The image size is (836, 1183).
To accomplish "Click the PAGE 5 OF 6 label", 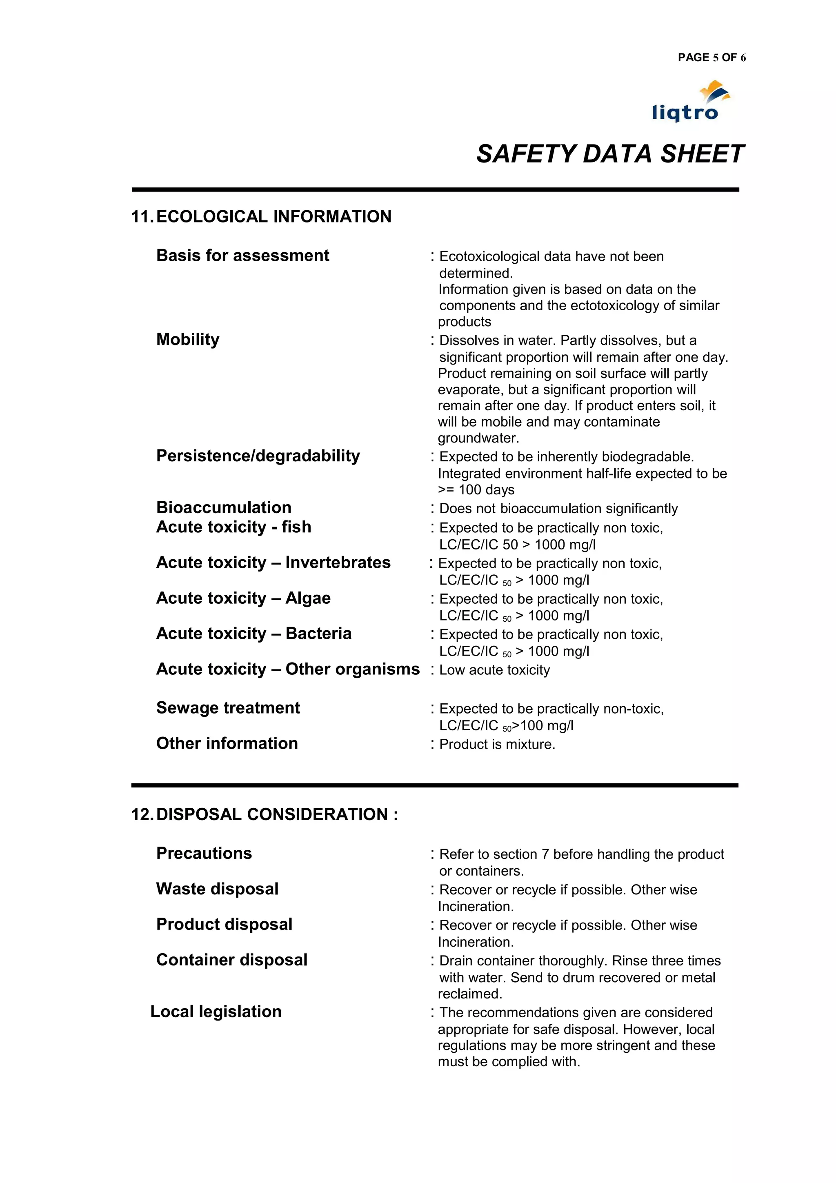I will [711, 58].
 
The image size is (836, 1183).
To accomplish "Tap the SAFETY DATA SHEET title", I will [610, 154].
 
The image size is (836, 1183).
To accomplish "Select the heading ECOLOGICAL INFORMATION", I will [273, 216].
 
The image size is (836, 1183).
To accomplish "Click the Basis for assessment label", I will [242, 256].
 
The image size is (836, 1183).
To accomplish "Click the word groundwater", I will [478, 438].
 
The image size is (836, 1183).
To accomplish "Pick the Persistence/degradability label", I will [258, 456].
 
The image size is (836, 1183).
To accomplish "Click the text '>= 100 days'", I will [476, 490].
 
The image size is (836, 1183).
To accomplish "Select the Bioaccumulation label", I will [224, 507].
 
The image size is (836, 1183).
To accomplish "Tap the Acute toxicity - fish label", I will [233, 527].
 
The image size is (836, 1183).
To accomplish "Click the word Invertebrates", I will [338, 563].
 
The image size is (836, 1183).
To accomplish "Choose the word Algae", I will [308, 598].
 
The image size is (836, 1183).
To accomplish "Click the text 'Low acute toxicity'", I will [494, 670].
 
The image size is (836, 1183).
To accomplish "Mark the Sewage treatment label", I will [228, 708].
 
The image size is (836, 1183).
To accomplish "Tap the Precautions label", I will [204, 853].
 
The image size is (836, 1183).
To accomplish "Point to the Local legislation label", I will [216, 1012].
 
